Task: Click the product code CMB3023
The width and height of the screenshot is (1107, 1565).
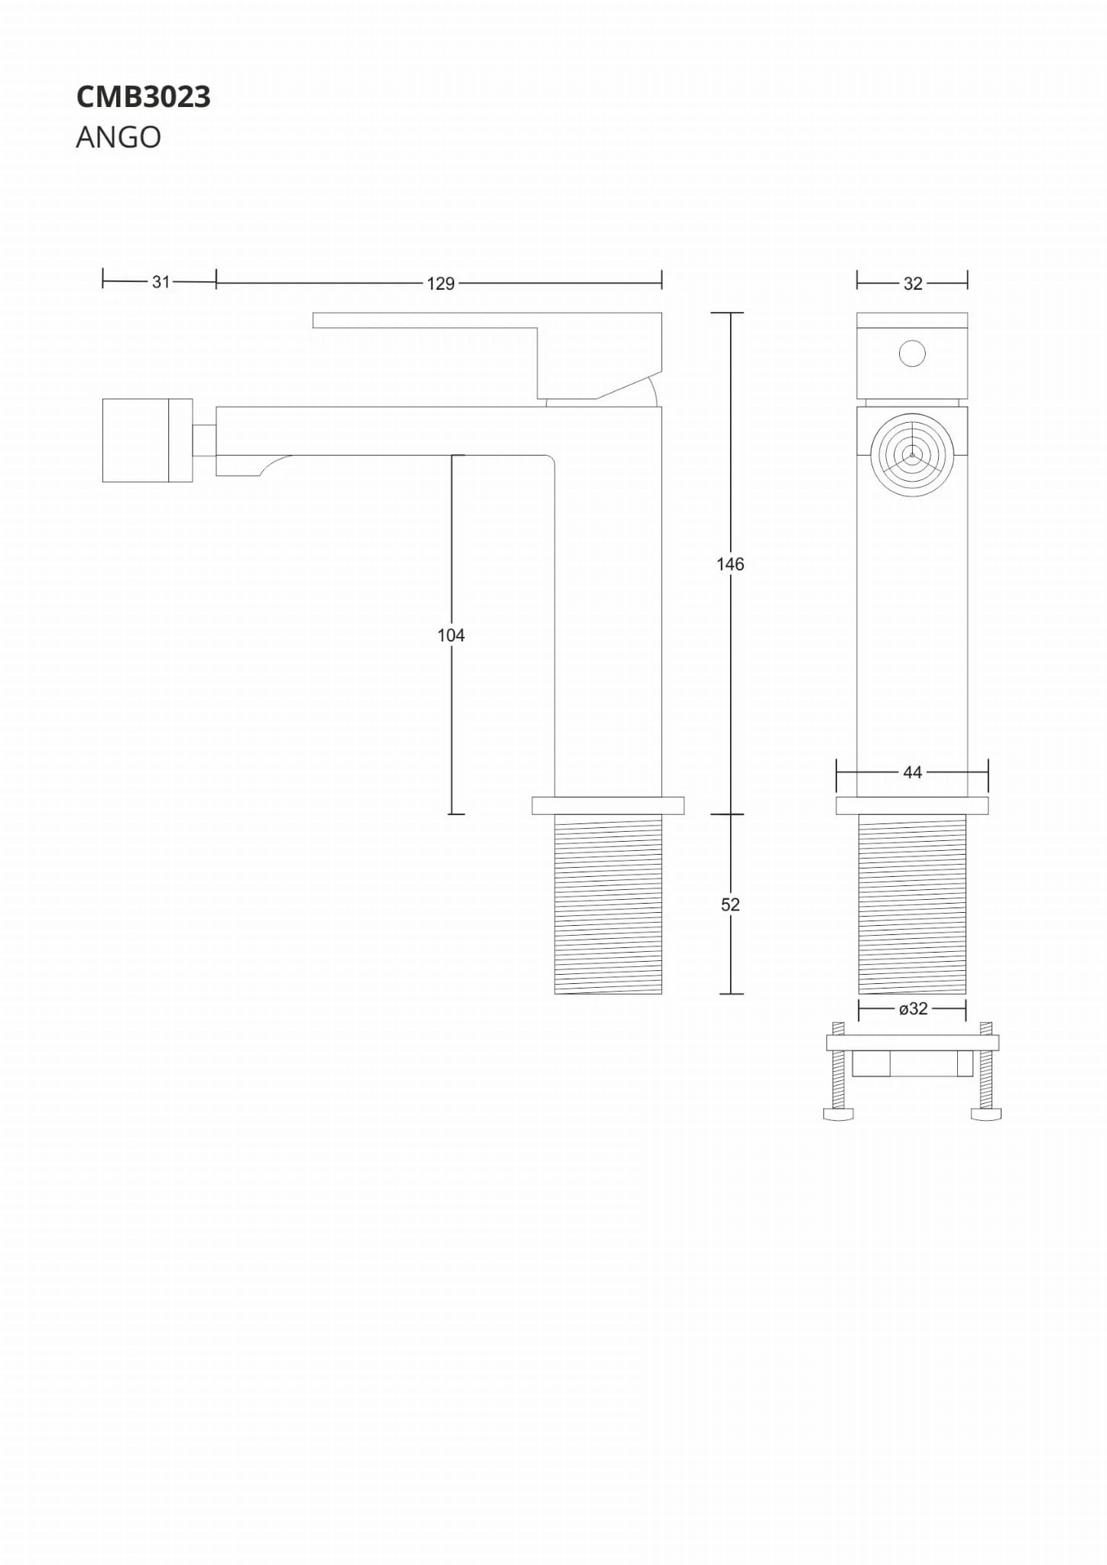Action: [x=143, y=97]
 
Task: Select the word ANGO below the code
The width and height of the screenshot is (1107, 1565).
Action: [x=118, y=138]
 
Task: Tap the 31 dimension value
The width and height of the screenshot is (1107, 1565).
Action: [x=161, y=282]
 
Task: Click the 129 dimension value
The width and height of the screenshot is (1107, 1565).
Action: [x=440, y=284]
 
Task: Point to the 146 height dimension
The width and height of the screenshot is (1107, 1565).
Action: [x=730, y=564]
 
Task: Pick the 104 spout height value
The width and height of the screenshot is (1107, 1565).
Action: [x=451, y=635]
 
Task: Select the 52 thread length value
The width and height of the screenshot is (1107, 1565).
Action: [x=730, y=905]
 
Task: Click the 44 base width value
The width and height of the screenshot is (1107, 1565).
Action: [x=912, y=773]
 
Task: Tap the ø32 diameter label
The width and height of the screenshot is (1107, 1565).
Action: [x=913, y=1009]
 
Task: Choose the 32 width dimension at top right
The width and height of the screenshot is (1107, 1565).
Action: [x=913, y=284]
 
